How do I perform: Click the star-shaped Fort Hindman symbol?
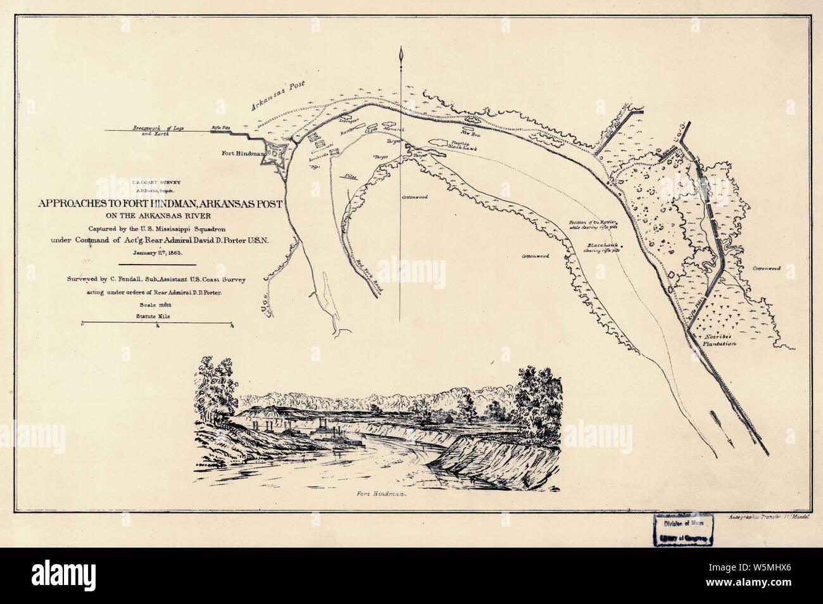[x=277, y=153]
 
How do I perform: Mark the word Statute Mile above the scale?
[x=158, y=315]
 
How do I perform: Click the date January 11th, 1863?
[x=158, y=252]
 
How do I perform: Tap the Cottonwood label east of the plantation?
[x=766, y=268]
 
